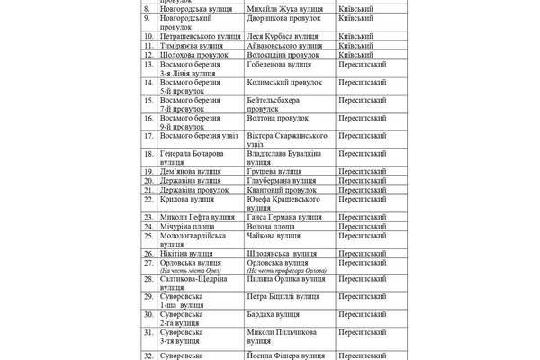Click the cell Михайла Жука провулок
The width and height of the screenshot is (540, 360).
pyautogui.click(x=283, y=9)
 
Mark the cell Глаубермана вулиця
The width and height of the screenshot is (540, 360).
pyautogui.click(x=283, y=181)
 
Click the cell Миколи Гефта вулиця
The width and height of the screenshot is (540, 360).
pyautogui.click(x=193, y=217)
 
